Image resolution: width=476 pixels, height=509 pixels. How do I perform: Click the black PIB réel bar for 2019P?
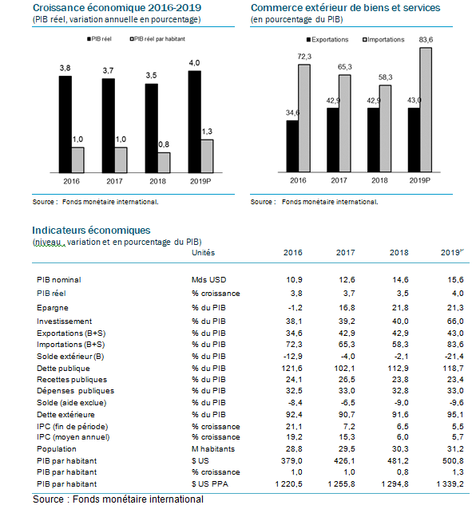(x=194, y=122)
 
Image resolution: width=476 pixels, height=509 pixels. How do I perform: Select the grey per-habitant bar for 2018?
(x=164, y=163)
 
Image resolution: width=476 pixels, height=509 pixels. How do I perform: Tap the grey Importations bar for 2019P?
(x=426, y=110)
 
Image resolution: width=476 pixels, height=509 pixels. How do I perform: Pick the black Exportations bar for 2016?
(x=292, y=146)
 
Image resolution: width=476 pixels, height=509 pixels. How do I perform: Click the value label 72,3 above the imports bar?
(x=304, y=57)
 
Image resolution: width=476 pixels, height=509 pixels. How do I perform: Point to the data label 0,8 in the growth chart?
(x=164, y=144)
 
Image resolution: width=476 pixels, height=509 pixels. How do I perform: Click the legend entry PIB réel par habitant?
(x=157, y=39)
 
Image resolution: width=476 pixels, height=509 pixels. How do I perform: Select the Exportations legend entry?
(x=327, y=40)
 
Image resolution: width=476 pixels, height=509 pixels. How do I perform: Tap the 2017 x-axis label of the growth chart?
(x=114, y=181)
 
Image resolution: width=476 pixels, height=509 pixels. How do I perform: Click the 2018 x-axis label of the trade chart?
(x=379, y=180)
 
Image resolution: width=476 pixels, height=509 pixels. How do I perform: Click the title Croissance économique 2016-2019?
(x=117, y=7)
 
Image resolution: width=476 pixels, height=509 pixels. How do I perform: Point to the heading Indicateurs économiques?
(x=91, y=230)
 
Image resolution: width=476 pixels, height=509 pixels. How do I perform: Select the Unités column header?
(x=203, y=253)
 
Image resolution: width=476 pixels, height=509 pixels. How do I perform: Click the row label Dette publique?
(x=63, y=369)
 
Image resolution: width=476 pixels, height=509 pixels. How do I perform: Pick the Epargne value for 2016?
(x=295, y=308)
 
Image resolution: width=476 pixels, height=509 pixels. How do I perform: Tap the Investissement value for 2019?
(x=455, y=322)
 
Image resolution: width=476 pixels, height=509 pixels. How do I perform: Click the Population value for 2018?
(x=400, y=449)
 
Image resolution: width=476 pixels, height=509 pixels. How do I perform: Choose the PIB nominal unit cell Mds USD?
(x=209, y=280)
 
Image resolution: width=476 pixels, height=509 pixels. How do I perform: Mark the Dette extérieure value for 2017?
(x=347, y=415)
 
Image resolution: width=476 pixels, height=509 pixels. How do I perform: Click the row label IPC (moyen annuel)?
(x=73, y=437)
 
